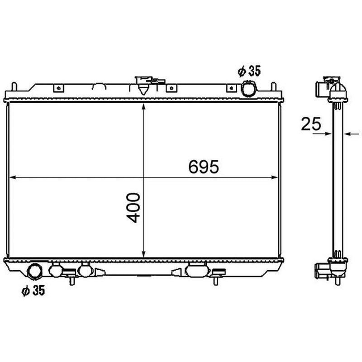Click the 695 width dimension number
[x=203, y=167]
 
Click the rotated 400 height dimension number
[x=133, y=208]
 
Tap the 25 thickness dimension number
[x=311, y=124]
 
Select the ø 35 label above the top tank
[x=249, y=71]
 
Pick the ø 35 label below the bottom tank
[x=33, y=291]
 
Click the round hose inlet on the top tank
[x=248, y=89]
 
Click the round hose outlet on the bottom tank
[x=35, y=272]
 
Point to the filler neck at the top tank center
[x=143, y=85]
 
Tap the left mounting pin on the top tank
[x=14, y=86]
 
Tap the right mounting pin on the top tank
[x=274, y=86]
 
